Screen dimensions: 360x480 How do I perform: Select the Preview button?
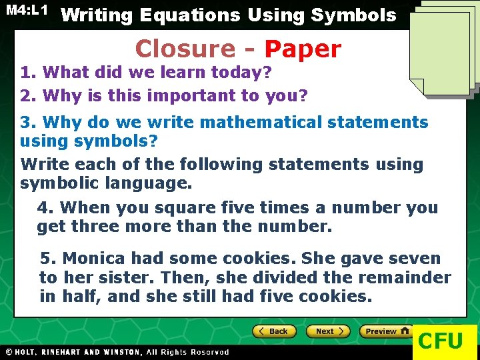pyautogui.click(x=385, y=331)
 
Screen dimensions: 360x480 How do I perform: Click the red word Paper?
pyautogui.click(x=303, y=49)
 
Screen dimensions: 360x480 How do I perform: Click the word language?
pyautogui.click(x=153, y=183)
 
